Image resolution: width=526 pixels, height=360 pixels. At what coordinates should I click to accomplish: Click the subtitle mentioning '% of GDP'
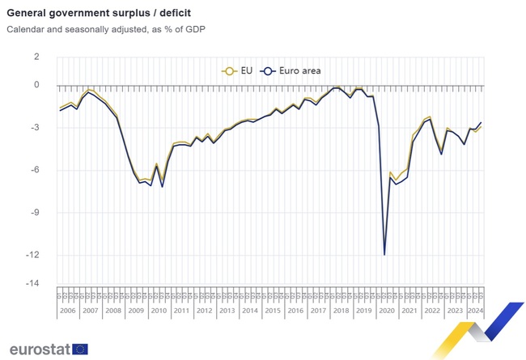[106, 30]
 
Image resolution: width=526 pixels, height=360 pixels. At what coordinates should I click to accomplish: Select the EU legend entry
[238, 70]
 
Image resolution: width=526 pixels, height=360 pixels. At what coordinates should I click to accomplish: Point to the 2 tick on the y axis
[36, 57]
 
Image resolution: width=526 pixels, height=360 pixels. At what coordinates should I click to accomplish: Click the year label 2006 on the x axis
[68, 310]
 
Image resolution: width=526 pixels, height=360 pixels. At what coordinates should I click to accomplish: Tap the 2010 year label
[159, 310]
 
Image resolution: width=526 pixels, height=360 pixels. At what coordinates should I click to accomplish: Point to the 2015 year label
[273, 310]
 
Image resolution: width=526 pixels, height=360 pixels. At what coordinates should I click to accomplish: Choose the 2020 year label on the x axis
[387, 310]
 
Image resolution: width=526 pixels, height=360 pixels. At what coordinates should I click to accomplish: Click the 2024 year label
[475, 310]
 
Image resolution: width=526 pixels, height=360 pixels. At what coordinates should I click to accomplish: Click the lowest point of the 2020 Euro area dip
[384, 255]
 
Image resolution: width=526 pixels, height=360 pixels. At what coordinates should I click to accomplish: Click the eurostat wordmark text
[39, 349]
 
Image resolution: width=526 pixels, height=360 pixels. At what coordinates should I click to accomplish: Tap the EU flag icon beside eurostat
[80, 349]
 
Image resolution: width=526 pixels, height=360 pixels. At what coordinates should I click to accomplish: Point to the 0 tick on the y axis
[36, 85]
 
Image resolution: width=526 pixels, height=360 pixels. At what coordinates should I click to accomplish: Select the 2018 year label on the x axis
[341, 310]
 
